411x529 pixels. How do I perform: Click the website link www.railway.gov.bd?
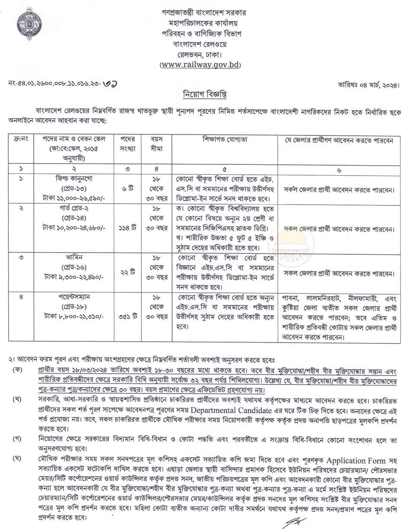(200, 65)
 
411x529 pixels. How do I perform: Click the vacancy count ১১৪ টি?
(127, 228)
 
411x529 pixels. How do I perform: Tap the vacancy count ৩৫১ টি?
(127, 316)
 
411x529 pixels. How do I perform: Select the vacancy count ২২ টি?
(127, 273)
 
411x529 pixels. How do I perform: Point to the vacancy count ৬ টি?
(127, 189)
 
